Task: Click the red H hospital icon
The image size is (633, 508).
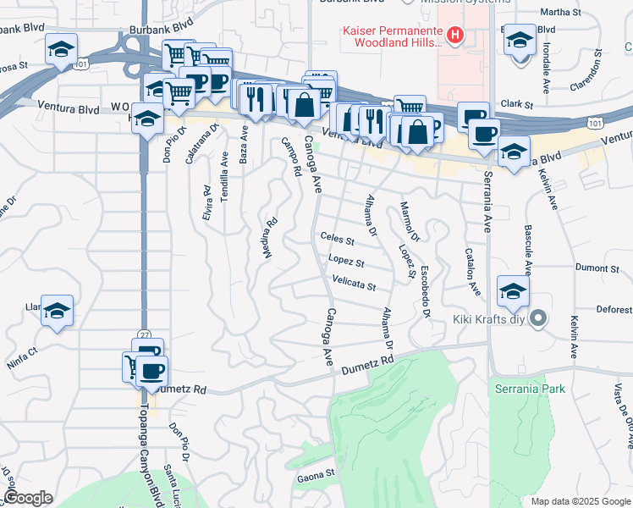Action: pos(455,36)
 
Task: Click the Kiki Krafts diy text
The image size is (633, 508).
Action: pos(497,319)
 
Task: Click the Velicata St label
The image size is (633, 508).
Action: pos(354,284)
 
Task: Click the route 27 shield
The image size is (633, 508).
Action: pos(145,335)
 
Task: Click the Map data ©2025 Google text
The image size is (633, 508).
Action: pos(581,501)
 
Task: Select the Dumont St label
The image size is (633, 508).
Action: pos(597,268)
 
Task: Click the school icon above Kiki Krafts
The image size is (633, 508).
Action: pos(513,291)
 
